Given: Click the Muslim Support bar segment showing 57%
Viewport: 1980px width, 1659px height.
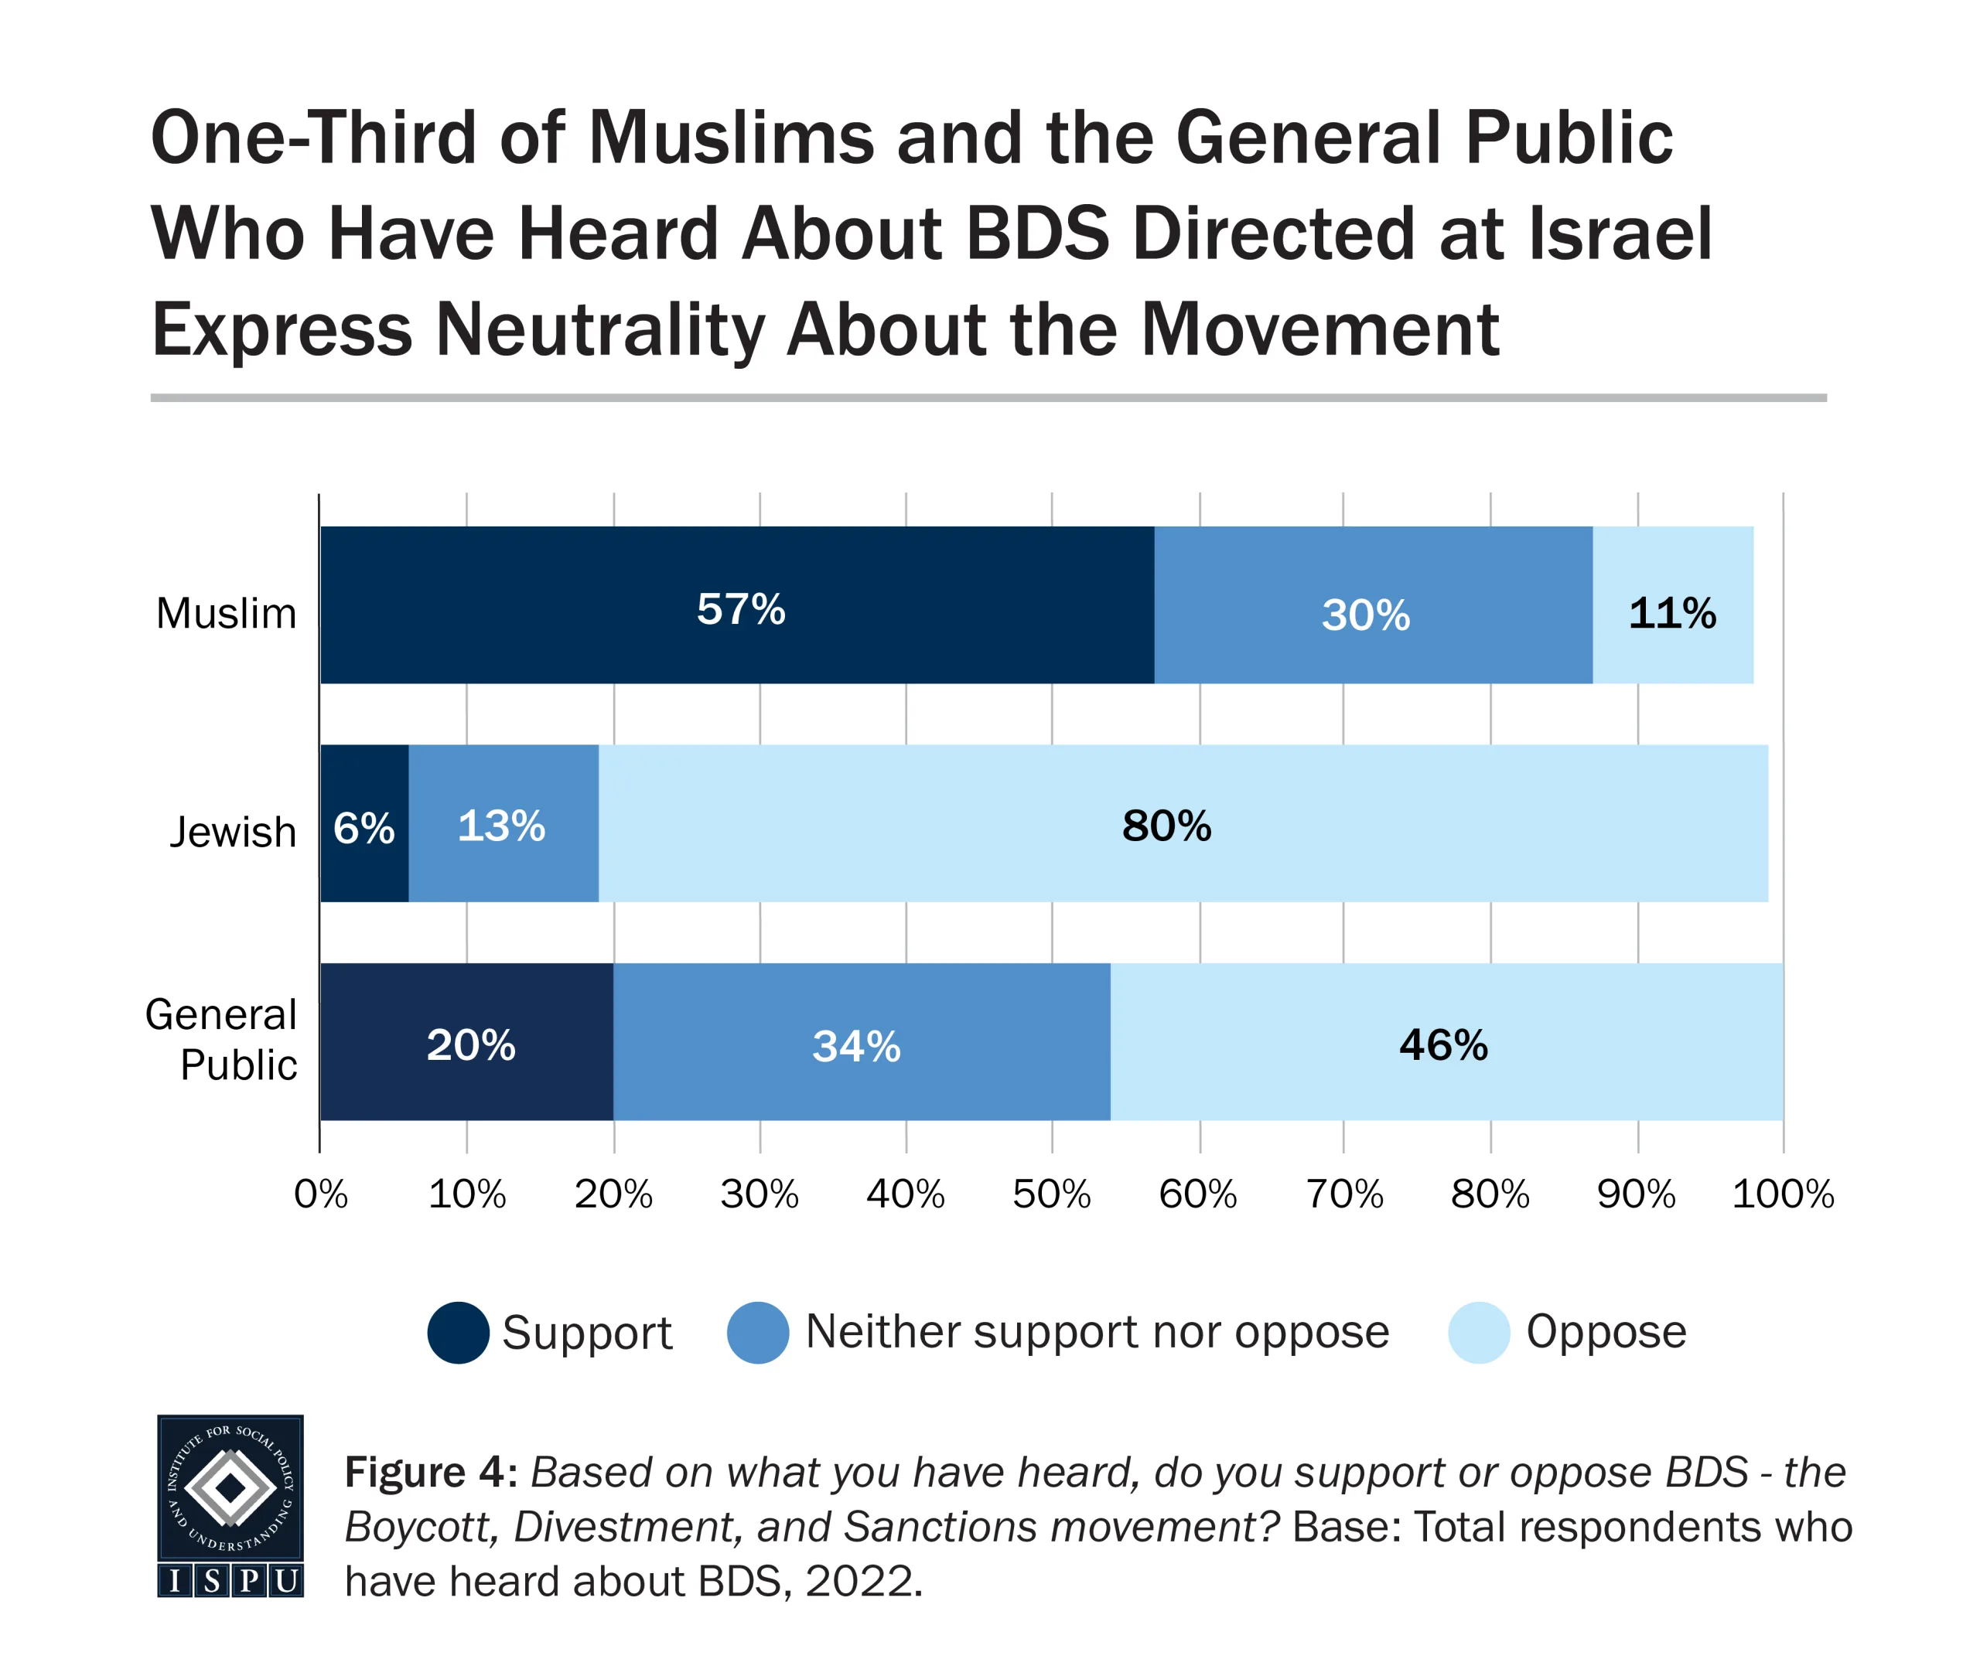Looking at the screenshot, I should [736, 605].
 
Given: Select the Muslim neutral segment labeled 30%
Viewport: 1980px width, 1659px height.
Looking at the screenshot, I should [1373, 605].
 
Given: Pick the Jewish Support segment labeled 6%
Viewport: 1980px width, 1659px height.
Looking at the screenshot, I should [364, 823].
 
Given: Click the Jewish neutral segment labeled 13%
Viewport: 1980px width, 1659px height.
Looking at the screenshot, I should [503, 823].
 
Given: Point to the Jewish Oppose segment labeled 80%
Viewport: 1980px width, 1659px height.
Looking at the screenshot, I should [1183, 823].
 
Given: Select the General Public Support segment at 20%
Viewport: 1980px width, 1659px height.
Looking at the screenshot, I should [466, 1041].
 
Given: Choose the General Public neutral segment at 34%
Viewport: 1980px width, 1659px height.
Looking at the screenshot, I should [861, 1041].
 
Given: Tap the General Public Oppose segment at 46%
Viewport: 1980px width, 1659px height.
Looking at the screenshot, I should [1446, 1041].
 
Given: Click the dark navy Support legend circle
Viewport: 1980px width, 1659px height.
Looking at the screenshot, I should [458, 1333].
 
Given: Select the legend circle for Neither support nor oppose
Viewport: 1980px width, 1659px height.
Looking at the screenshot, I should [758, 1333].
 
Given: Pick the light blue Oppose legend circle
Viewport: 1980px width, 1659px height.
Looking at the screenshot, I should [1478, 1333].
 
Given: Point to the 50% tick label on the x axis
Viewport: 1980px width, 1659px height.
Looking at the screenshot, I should [1051, 1194].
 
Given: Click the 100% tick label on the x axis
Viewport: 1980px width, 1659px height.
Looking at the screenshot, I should [1782, 1194].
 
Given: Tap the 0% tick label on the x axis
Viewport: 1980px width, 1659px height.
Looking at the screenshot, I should [320, 1194].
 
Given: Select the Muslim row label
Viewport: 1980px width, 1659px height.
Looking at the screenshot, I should [227, 614].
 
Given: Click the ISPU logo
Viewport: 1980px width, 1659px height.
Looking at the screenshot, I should [230, 1505].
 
